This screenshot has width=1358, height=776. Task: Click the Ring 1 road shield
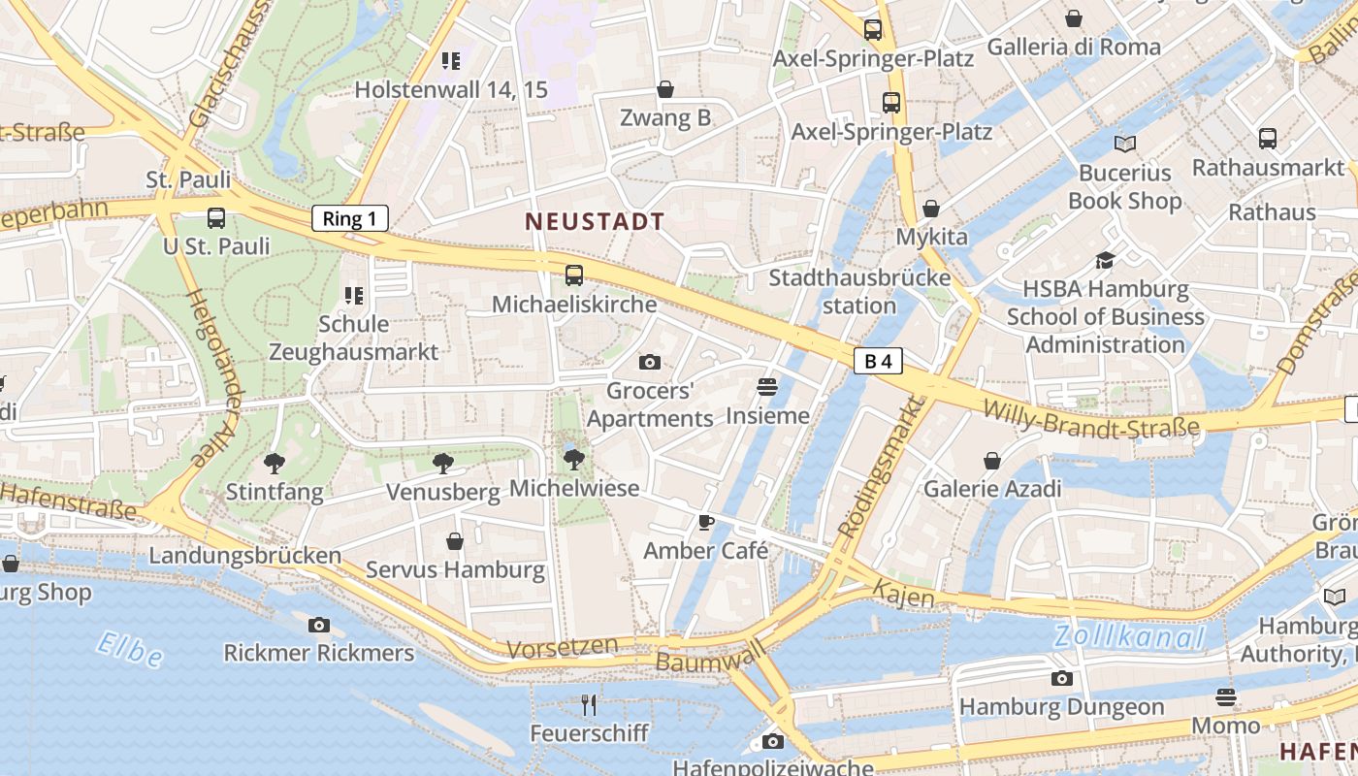click(x=349, y=218)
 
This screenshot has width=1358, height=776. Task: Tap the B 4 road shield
click(x=878, y=362)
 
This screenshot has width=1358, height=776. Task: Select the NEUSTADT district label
click(x=595, y=221)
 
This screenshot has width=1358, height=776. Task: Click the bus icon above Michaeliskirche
click(x=574, y=275)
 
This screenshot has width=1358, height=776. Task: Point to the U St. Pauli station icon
click(x=216, y=218)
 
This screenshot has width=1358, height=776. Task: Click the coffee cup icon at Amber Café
click(x=706, y=523)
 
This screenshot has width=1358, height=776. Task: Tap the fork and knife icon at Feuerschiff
click(x=589, y=704)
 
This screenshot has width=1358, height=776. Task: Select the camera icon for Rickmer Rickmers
click(x=319, y=626)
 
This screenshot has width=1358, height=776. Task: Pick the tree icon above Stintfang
click(x=275, y=464)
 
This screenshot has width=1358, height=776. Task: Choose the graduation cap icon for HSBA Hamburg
click(x=1105, y=260)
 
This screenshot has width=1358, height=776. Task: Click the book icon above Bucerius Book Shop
click(x=1124, y=145)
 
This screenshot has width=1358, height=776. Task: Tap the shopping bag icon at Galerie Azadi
click(x=992, y=461)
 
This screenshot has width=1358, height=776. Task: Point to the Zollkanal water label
click(x=1129, y=637)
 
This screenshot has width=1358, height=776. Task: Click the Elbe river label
click(x=130, y=649)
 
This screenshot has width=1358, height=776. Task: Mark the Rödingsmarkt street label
click(x=879, y=469)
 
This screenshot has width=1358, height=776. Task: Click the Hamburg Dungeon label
click(x=1061, y=707)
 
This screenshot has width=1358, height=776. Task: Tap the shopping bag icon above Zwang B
click(x=665, y=90)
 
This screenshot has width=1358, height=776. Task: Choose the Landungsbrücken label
click(x=244, y=556)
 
